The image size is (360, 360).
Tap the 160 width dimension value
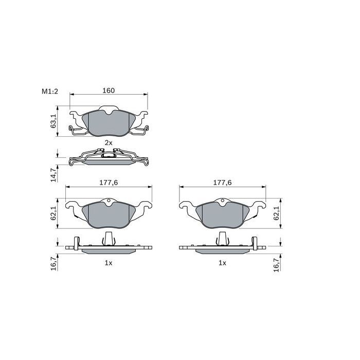point(108,91)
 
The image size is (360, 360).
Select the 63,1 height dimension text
point(53,121)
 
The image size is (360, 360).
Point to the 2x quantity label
point(108,142)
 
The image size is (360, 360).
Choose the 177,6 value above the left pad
point(108,183)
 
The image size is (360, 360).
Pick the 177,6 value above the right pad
point(222,183)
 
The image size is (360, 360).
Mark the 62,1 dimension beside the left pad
point(53,213)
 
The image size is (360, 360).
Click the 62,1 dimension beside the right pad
point(277,213)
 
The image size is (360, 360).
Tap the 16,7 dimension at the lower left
point(53,264)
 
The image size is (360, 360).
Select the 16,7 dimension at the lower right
point(277,264)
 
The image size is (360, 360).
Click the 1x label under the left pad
point(108,262)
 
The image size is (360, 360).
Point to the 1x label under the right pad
point(222,262)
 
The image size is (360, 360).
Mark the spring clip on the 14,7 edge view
point(109,153)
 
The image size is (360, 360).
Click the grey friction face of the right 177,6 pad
point(222,215)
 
